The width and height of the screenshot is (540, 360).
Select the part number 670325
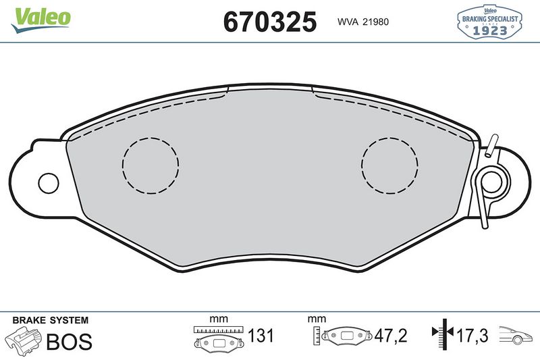click(x=270, y=22)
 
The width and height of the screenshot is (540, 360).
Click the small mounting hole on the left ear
click(x=48, y=182)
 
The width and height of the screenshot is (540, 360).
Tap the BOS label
click(x=68, y=342)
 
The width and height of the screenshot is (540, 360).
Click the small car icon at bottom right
click(x=516, y=336)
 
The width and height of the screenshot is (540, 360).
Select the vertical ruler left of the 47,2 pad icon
click(x=317, y=336)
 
